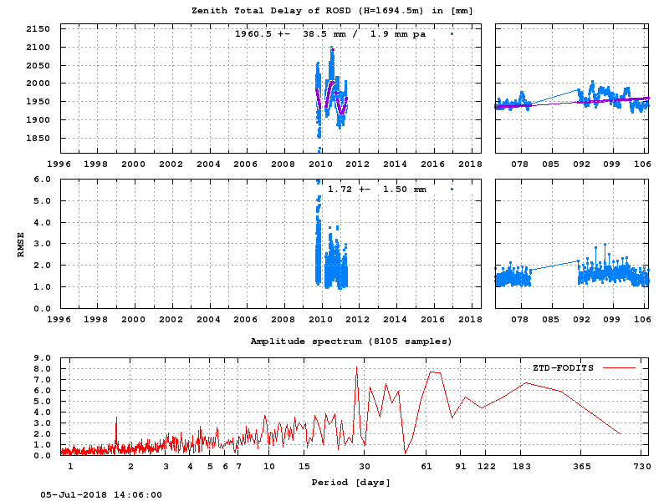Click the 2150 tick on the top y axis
(38, 28)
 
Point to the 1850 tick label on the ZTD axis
(38, 138)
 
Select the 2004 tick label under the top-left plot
(171, 164)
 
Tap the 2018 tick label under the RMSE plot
(470, 318)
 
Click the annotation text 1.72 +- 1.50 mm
(376, 190)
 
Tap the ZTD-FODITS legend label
(563, 367)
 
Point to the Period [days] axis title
(350, 483)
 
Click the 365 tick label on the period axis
(581, 466)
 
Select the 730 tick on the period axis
(642, 466)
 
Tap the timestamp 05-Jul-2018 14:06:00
(101, 494)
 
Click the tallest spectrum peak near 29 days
(357, 367)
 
